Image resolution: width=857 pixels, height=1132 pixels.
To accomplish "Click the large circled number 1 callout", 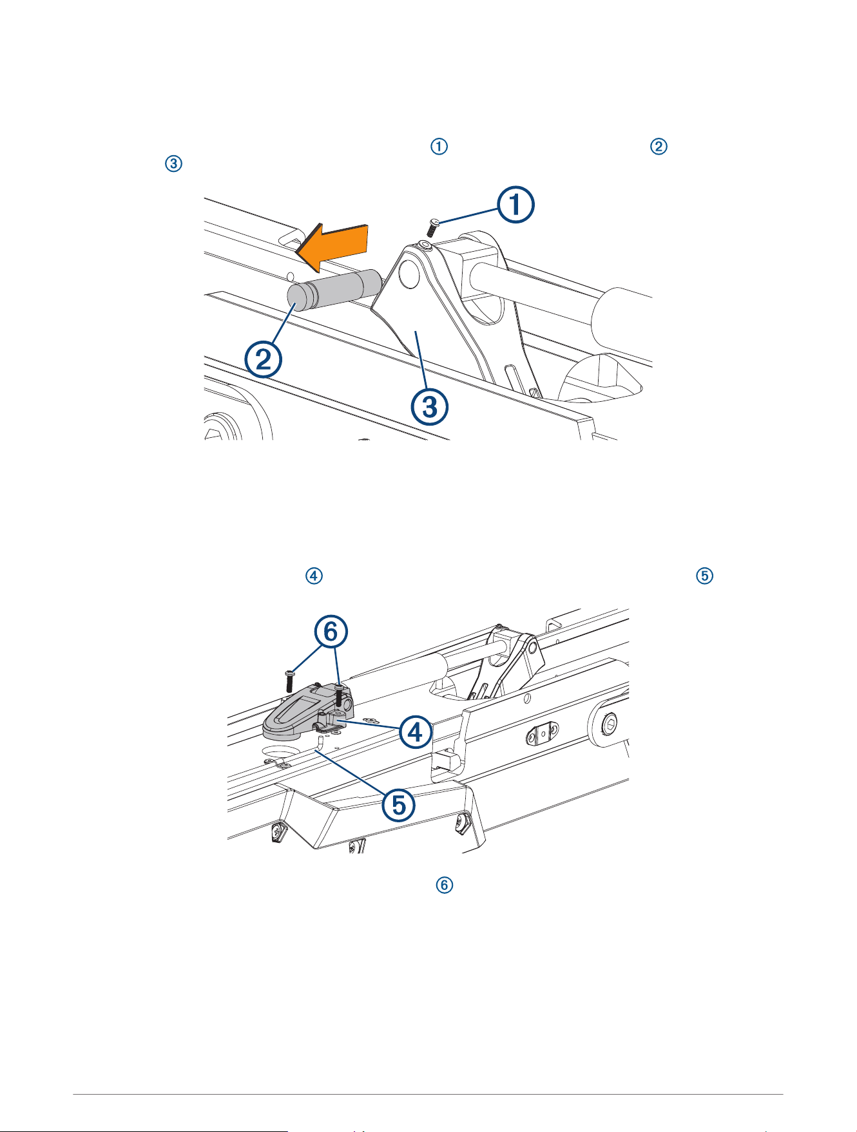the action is (x=515, y=205).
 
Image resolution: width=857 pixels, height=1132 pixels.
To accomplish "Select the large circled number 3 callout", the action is (x=430, y=406).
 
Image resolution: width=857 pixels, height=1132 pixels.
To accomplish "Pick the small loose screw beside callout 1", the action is (x=433, y=227).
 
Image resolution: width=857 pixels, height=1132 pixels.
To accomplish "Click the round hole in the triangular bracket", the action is (x=409, y=273).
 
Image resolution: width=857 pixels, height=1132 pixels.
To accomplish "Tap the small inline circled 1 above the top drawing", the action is (x=439, y=146).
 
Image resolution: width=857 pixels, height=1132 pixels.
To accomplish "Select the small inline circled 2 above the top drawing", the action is (x=659, y=146).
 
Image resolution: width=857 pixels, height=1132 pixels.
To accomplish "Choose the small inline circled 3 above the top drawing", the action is (x=173, y=164).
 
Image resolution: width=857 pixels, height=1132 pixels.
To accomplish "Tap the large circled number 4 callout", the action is (x=416, y=731).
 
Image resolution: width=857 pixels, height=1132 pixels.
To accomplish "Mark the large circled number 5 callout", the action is (x=399, y=805).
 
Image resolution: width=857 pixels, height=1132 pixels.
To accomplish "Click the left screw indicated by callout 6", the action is (x=289, y=681).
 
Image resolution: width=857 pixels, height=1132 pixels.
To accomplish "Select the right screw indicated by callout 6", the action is (x=339, y=695).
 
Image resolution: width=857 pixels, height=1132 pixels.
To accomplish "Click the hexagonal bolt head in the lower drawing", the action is (x=609, y=726).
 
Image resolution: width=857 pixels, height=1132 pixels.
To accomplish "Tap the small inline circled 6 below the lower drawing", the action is (x=445, y=885).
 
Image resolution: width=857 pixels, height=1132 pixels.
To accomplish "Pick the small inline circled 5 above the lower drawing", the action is (x=705, y=576).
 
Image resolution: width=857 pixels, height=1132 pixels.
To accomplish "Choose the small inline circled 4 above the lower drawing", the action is (x=314, y=576).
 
